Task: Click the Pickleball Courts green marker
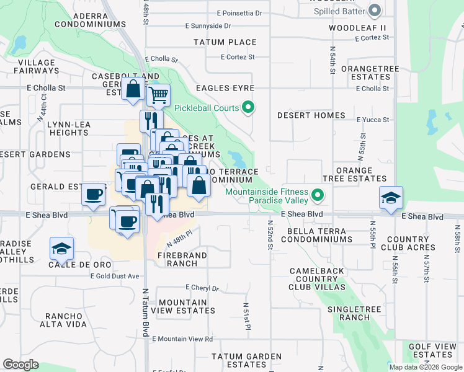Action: [248, 108]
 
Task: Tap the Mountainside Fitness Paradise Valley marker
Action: [318, 196]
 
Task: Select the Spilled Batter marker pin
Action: [374, 11]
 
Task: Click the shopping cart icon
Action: [159, 95]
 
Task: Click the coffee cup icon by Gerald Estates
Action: [93, 193]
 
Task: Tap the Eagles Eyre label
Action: [226, 89]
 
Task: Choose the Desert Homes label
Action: [311, 115]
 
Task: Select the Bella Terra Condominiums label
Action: [319, 235]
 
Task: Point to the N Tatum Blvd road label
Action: [146, 313]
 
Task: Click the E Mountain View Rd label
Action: [182, 339]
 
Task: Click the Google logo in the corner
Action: [21, 365]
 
